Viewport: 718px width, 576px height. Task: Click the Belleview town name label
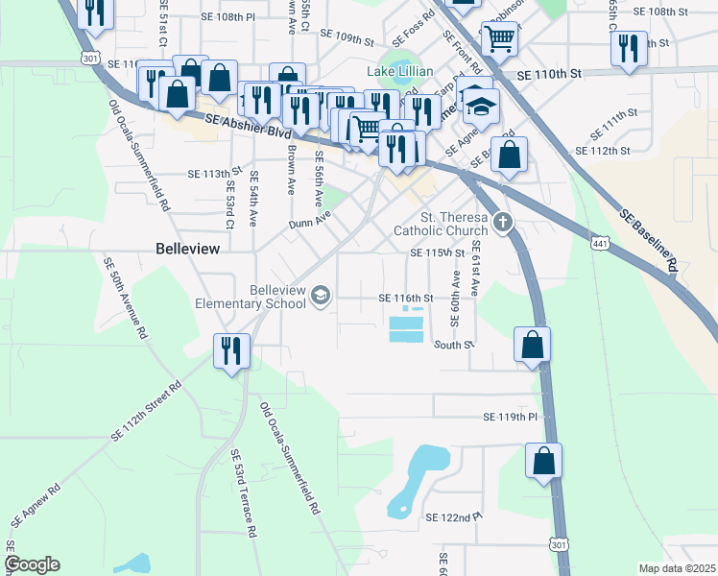coord(188,248)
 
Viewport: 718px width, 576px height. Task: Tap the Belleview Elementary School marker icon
coord(321,298)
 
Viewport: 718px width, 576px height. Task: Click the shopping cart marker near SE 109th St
coord(498,39)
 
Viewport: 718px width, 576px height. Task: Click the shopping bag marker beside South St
coord(532,345)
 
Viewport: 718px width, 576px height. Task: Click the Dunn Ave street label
coord(309,223)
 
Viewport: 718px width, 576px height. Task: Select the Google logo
coord(32,564)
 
